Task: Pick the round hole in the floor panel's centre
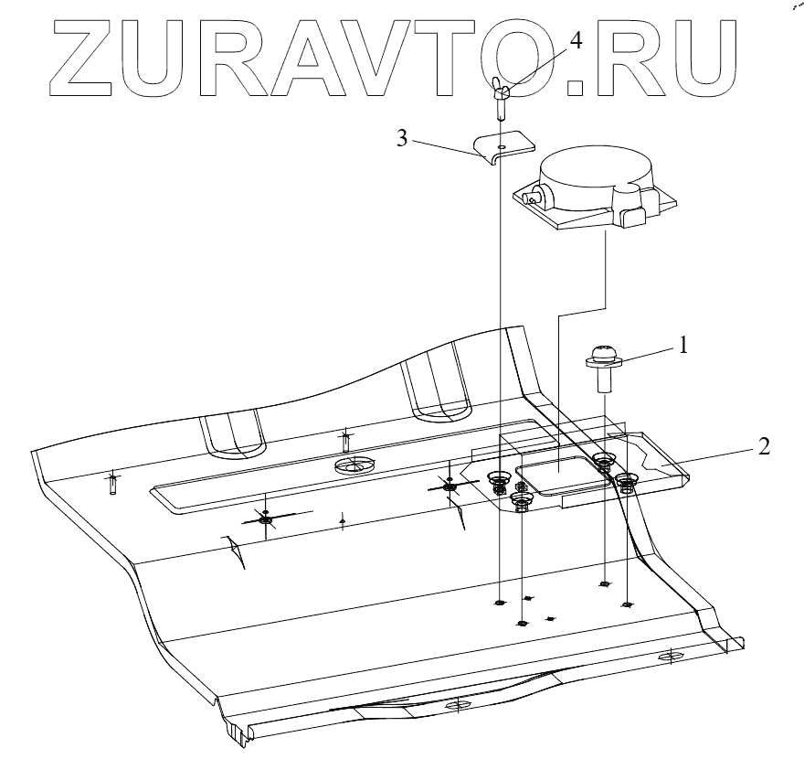356,465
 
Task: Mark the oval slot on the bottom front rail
452,707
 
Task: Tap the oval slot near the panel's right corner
670,657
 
